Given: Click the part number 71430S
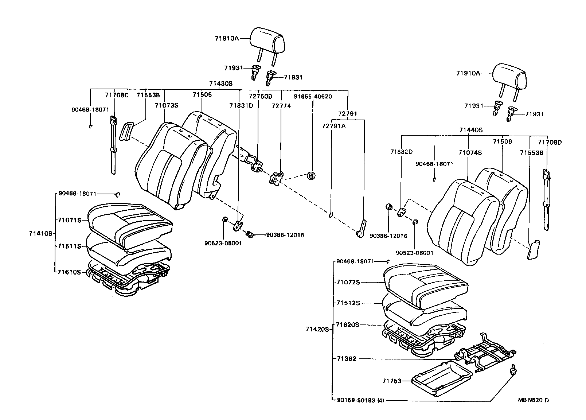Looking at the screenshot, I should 220,83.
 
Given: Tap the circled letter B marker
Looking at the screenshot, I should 311,176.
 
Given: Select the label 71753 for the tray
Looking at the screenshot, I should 391,381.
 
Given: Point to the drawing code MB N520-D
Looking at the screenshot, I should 533,400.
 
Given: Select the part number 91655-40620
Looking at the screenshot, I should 313,97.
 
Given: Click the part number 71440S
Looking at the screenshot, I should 470,130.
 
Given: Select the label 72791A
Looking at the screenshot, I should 333,126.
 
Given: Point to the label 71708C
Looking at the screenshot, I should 117,95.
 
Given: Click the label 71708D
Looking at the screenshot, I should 550,143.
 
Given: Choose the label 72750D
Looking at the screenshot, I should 260,97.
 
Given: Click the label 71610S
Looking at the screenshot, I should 69,272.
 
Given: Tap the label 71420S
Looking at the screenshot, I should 317,329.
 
